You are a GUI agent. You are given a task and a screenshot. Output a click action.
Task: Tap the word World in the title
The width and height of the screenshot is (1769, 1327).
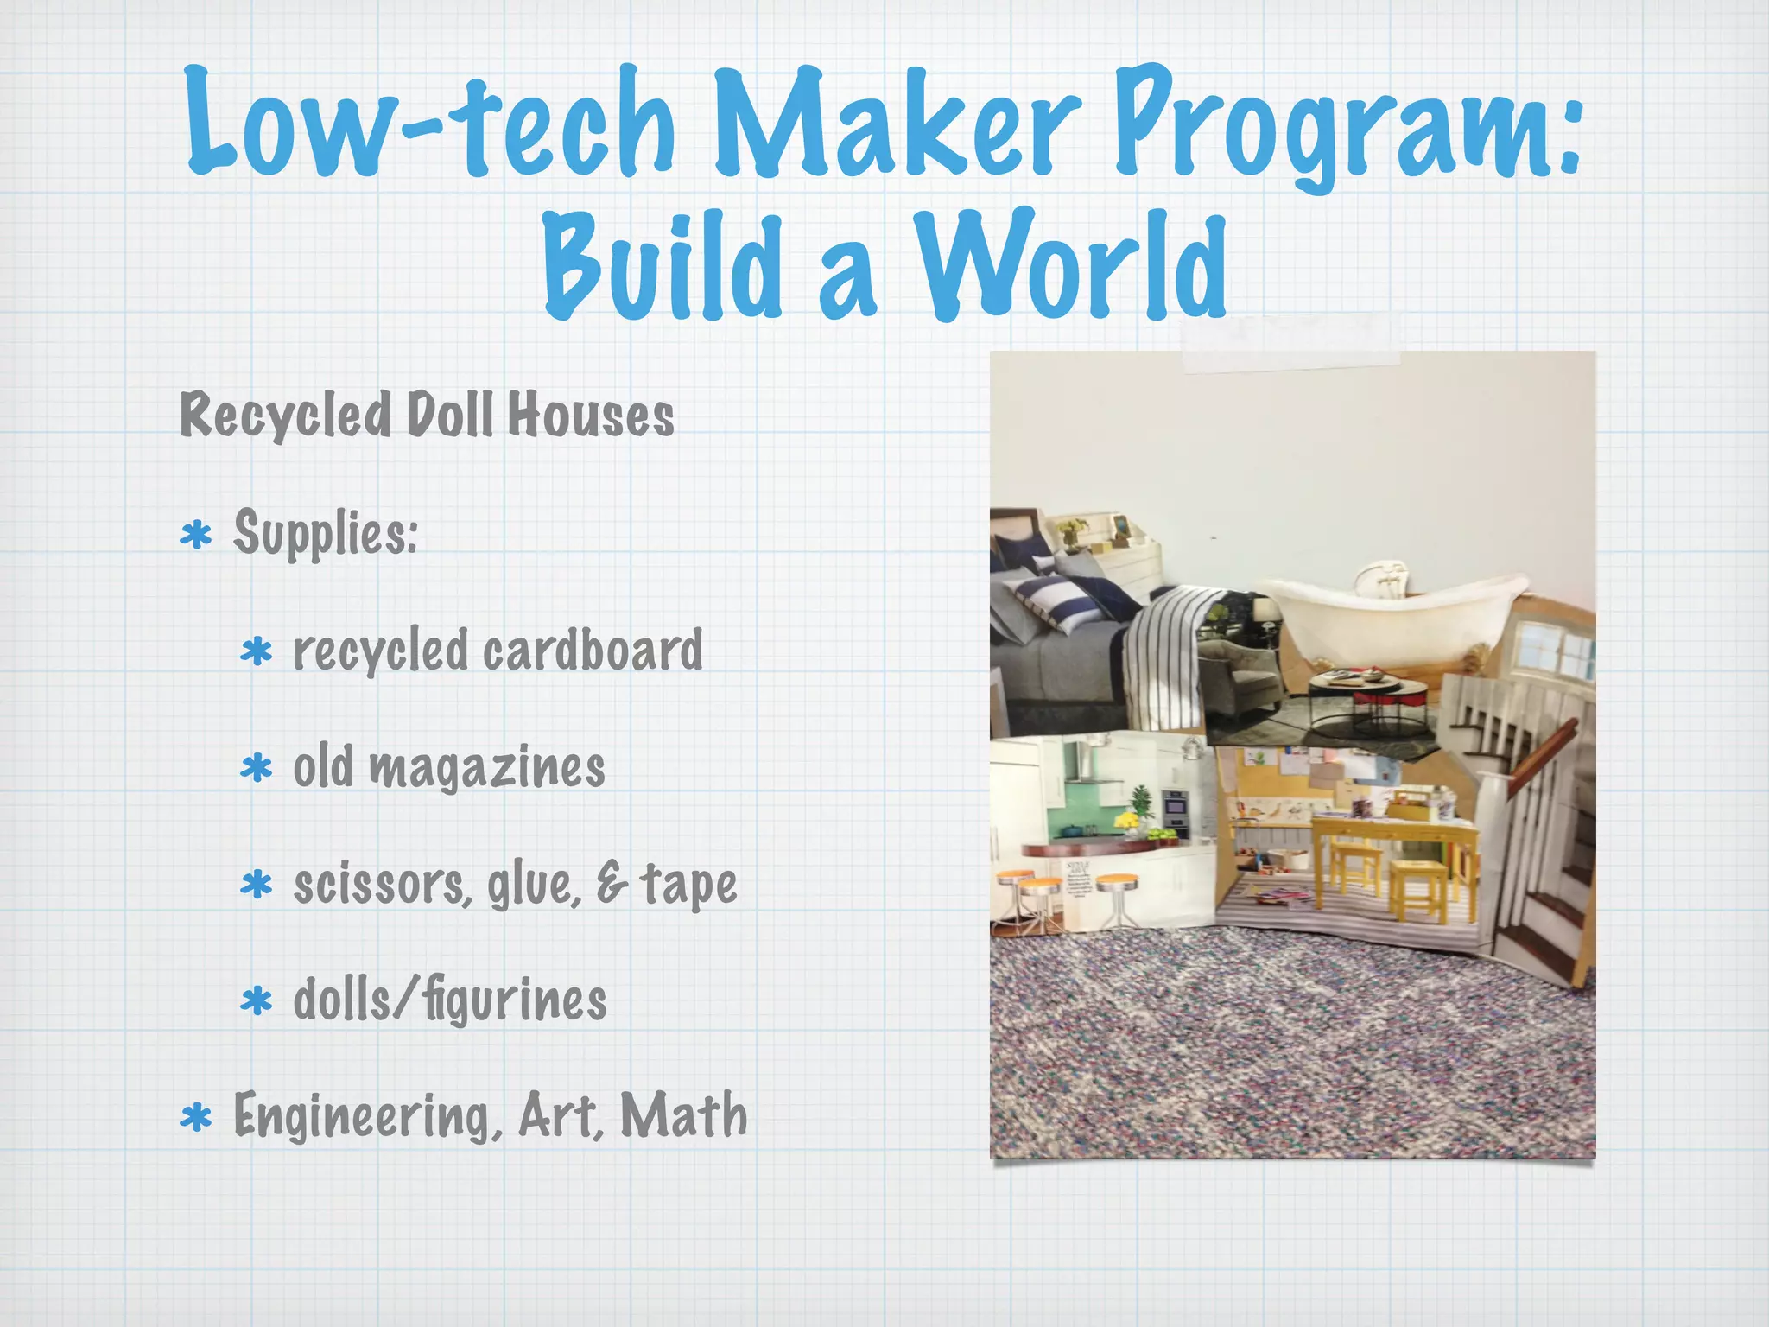(1071, 263)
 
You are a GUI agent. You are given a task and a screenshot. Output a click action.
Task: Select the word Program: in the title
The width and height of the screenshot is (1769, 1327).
(1347, 125)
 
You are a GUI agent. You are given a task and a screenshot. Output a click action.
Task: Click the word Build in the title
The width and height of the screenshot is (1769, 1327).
(662, 263)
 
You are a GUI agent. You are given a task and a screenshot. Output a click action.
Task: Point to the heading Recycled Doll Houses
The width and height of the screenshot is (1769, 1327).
(427, 416)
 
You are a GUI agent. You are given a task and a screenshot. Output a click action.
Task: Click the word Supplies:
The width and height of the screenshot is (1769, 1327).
(326, 533)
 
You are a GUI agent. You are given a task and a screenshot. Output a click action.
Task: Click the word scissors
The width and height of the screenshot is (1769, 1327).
(381, 885)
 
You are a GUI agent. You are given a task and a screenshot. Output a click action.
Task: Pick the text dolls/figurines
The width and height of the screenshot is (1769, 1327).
(450, 1000)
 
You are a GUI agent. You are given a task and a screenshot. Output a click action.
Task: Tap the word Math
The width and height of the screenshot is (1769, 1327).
(684, 1115)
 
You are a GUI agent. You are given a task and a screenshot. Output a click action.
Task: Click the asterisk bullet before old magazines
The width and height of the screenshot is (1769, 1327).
(257, 767)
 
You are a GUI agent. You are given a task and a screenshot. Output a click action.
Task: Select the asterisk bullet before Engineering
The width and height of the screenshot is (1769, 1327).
(197, 1117)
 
